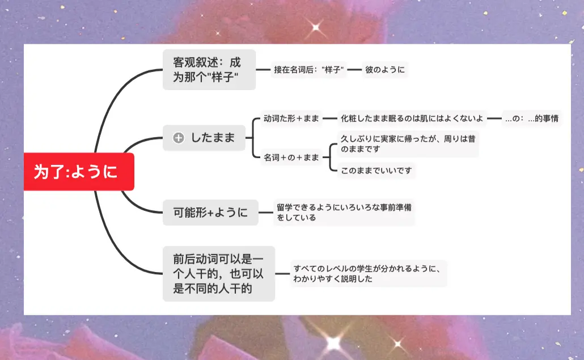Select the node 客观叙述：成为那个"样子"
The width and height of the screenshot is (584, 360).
click(209, 70)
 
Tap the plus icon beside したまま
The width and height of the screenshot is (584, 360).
click(179, 138)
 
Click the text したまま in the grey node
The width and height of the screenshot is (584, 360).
click(213, 138)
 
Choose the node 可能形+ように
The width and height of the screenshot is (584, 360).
click(210, 213)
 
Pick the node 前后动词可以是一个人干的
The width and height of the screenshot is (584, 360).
click(218, 274)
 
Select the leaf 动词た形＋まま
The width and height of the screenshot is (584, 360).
click(291, 118)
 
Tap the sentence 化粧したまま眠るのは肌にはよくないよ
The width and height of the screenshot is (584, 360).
click(412, 118)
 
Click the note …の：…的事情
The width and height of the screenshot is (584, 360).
click(532, 118)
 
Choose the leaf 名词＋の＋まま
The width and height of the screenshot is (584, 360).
click(291, 157)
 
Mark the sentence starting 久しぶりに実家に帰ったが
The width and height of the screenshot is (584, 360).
click(407, 144)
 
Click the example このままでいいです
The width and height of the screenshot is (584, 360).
click(376, 171)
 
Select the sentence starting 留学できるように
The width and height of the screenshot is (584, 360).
click(344, 212)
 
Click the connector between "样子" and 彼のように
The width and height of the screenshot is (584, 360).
click(354, 70)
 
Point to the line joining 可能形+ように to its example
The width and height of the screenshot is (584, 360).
click(265, 213)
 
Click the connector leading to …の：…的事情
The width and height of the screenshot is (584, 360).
click(494, 118)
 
